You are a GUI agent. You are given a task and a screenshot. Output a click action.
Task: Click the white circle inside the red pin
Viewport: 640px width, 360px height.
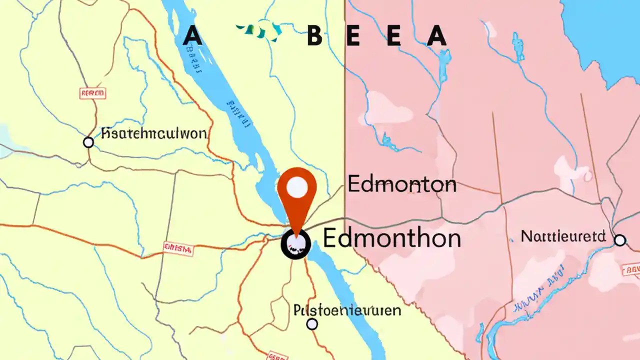point(297,187)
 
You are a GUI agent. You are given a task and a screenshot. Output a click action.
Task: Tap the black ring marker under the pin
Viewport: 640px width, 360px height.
point(296,244)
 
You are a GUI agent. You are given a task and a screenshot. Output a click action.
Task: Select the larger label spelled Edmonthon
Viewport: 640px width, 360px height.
point(391,237)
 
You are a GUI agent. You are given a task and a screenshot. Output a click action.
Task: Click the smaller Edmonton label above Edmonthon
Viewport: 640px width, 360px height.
point(402,184)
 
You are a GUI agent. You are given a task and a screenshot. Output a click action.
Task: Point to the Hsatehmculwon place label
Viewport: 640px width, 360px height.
point(153,133)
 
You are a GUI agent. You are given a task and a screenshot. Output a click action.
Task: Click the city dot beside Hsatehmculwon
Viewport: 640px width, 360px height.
point(88,142)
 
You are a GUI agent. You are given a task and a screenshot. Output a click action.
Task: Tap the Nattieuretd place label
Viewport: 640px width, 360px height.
point(563,236)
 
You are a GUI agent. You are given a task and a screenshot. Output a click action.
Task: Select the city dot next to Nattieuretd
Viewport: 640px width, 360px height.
point(620,240)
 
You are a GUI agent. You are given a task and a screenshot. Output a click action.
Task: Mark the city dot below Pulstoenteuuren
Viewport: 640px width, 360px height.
point(312,324)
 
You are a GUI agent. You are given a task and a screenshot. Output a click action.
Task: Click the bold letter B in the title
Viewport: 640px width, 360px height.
point(314,36)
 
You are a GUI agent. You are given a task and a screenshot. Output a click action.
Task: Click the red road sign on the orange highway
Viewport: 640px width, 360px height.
point(178,248)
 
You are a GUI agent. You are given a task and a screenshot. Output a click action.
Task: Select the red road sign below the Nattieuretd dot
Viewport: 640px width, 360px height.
point(631,270)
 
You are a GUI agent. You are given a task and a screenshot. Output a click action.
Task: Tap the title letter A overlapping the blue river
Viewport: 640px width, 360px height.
point(192,36)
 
